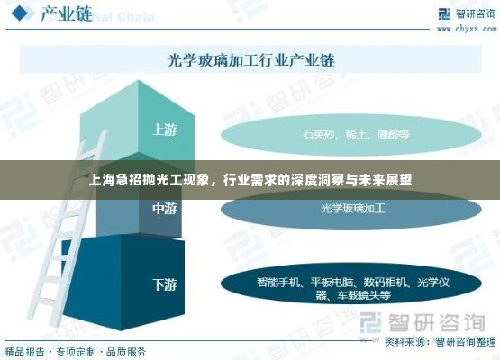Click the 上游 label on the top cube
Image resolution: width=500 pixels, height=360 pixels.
click(164, 129)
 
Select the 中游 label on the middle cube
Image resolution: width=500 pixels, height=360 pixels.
click(164, 208)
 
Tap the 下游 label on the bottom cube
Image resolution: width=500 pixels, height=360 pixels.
click(164, 284)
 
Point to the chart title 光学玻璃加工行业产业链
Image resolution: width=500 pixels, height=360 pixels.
click(251, 61)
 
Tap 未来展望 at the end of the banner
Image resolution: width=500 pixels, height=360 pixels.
click(388, 178)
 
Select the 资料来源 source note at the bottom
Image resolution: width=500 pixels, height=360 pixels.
click(440, 341)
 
